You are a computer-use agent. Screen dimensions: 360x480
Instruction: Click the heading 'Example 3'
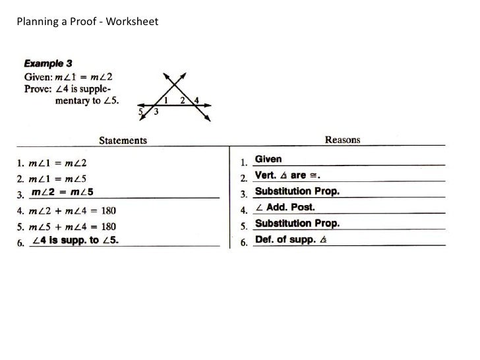tap(48, 64)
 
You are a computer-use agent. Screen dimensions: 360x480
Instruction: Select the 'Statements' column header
tap(123, 140)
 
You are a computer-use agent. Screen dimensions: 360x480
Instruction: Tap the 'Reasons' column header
tap(342, 140)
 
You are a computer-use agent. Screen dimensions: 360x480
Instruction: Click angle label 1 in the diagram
tap(166, 100)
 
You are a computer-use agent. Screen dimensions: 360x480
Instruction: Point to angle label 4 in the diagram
tap(197, 102)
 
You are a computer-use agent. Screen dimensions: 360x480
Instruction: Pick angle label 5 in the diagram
tap(140, 112)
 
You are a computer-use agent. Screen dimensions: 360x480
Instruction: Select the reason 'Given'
tap(268, 160)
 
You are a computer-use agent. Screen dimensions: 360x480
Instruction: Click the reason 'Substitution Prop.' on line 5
tap(297, 224)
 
